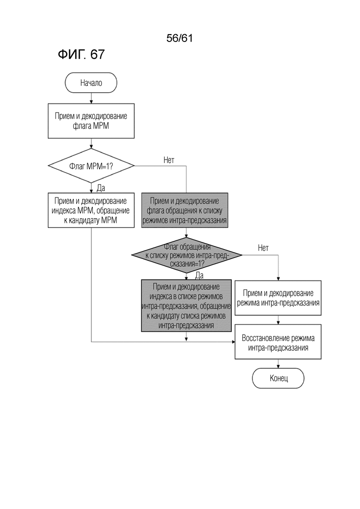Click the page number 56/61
[x=180, y=38]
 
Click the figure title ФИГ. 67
[x=81, y=54]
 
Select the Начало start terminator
[x=91, y=83]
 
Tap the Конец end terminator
[x=278, y=378]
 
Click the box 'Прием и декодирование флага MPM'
[x=91, y=121]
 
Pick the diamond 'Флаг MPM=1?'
[x=91, y=166]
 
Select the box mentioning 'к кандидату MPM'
[x=91, y=210]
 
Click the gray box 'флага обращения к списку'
[x=185, y=210]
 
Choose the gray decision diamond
[x=186, y=255]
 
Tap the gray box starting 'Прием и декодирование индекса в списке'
[x=186, y=305]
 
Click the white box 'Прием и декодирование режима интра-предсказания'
[x=278, y=298]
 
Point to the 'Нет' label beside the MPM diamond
[x=169, y=160]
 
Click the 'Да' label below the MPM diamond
[x=101, y=188]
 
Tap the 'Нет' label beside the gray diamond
[x=263, y=248]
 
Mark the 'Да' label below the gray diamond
[x=199, y=275]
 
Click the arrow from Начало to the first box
[x=91, y=98]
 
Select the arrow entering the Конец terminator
[x=278, y=364]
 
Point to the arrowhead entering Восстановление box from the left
[x=233, y=342]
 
